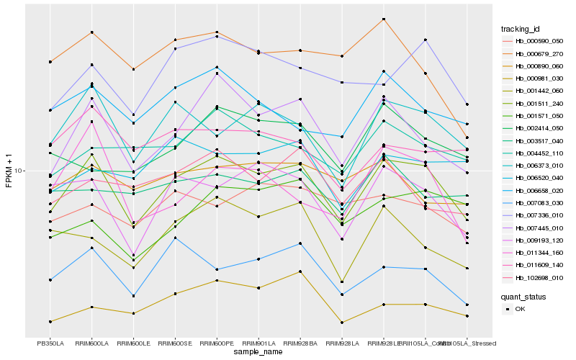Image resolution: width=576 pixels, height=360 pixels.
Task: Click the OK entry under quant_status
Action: tap(520, 309)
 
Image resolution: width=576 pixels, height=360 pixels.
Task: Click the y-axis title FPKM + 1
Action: tap(9, 171)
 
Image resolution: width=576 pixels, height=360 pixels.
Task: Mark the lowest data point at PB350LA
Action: tap(50, 321)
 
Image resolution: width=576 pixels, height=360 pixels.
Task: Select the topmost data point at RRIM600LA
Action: tap(91, 32)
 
